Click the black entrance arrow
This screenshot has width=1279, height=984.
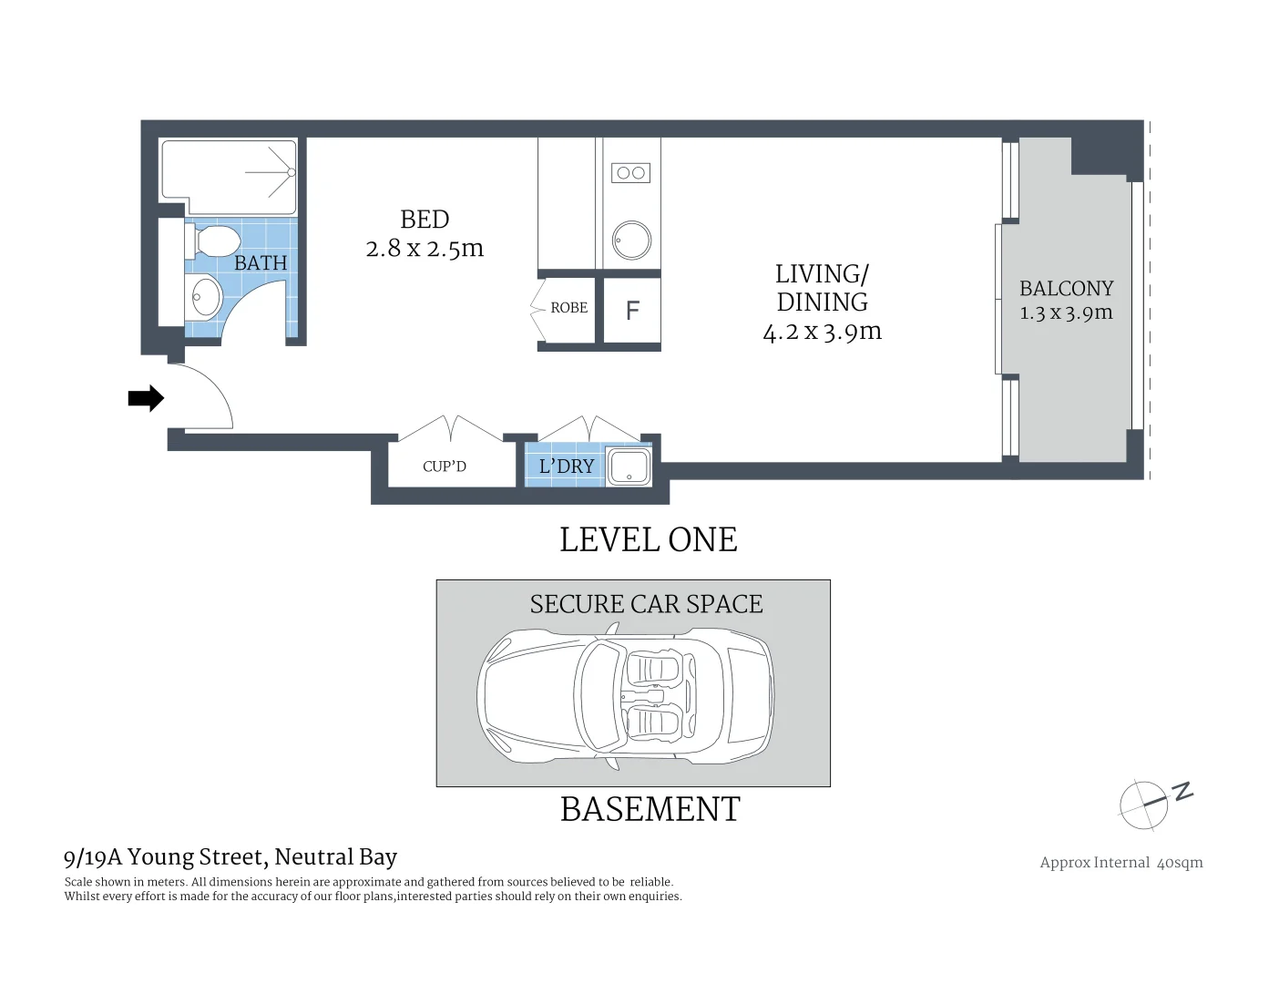(x=145, y=398)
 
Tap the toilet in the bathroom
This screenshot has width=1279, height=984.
(x=215, y=242)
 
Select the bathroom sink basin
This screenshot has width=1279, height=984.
(x=206, y=296)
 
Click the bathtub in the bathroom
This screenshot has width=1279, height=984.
(x=229, y=171)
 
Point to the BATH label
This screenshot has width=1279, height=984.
(x=261, y=263)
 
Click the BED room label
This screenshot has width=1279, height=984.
(x=425, y=220)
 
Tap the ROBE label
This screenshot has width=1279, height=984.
(x=568, y=308)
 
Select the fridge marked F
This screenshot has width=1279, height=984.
(x=632, y=311)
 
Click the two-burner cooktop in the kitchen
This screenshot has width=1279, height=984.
(x=630, y=172)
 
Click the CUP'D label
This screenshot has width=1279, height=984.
(x=445, y=466)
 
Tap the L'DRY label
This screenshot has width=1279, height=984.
(x=566, y=466)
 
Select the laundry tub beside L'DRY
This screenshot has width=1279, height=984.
(x=629, y=466)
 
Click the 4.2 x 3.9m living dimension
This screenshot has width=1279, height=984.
(x=822, y=332)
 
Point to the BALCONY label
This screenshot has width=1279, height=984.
(x=1066, y=289)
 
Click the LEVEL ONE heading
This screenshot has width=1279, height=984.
(x=648, y=539)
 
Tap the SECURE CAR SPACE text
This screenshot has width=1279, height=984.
(x=646, y=604)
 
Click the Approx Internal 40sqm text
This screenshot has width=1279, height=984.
(x=1120, y=863)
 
